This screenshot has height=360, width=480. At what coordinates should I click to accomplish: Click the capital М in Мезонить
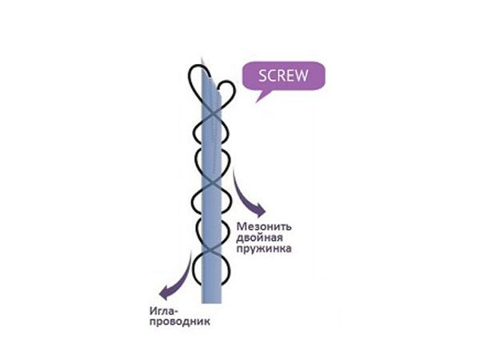pyautogui.click(x=242, y=226)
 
